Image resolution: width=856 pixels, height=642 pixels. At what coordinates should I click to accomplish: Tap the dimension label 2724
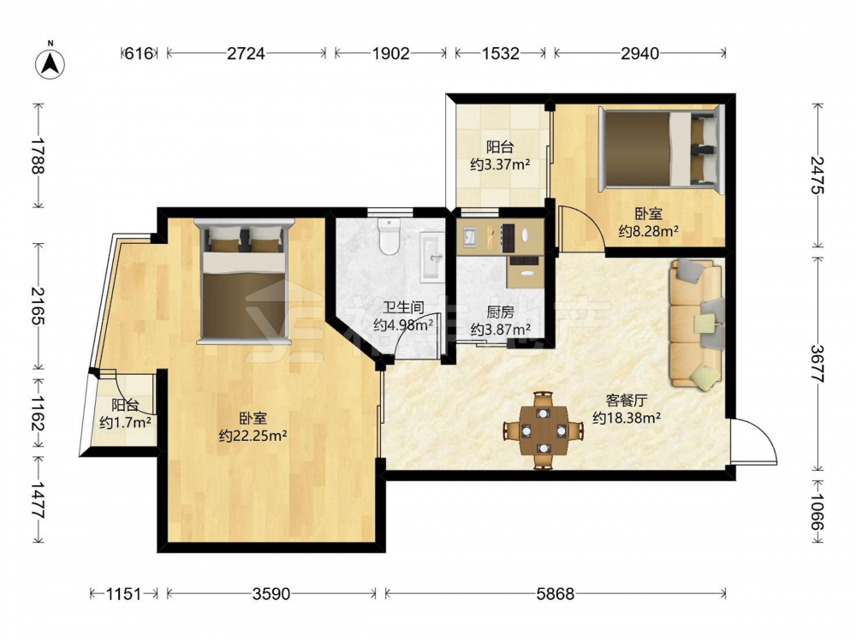click(x=246, y=53)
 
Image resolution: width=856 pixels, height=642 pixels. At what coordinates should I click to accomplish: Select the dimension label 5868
click(x=556, y=593)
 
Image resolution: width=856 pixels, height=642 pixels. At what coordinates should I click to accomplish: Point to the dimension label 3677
click(x=817, y=364)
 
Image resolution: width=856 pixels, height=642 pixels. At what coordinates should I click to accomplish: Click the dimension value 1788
click(x=37, y=156)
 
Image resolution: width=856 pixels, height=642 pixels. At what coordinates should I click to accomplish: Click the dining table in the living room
click(x=544, y=431)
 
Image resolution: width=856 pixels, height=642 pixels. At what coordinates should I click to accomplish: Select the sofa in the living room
click(x=697, y=324)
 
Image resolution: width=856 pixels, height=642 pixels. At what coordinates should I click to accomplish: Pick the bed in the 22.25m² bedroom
click(x=244, y=282)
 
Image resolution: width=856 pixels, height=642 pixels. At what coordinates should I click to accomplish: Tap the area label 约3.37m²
click(x=500, y=164)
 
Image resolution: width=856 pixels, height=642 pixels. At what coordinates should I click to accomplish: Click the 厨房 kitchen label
click(x=500, y=312)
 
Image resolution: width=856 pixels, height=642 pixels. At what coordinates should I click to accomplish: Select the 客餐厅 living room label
click(x=627, y=401)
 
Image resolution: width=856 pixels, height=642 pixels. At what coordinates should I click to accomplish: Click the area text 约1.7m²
click(x=126, y=422)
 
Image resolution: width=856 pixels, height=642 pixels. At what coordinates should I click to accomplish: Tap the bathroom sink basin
click(x=433, y=257)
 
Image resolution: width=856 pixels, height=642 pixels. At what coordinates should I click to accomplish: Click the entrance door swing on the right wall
click(x=754, y=441)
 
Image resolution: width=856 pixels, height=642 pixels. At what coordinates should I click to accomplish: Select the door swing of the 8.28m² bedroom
click(x=580, y=229)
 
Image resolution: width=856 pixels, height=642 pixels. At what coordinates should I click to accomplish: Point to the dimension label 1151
click(x=123, y=593)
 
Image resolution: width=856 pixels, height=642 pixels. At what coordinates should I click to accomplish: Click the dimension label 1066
click(x=817, y=513)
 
